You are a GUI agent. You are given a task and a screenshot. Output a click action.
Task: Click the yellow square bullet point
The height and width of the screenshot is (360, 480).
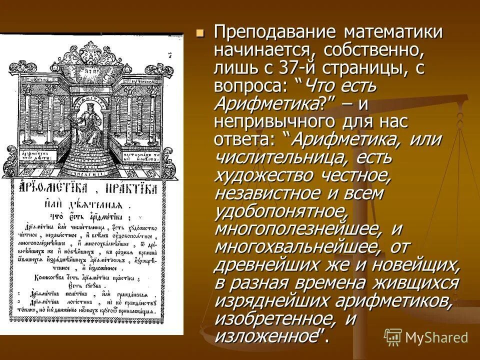click(x=200, y=33)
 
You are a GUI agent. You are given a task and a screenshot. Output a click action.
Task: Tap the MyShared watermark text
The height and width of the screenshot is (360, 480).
click(x=436, y=337)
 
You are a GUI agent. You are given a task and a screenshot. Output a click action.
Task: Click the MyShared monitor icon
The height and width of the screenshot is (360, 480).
click(x=393, y=337)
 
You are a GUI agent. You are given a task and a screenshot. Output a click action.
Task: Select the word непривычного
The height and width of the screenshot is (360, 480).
click(x=274, y=121)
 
